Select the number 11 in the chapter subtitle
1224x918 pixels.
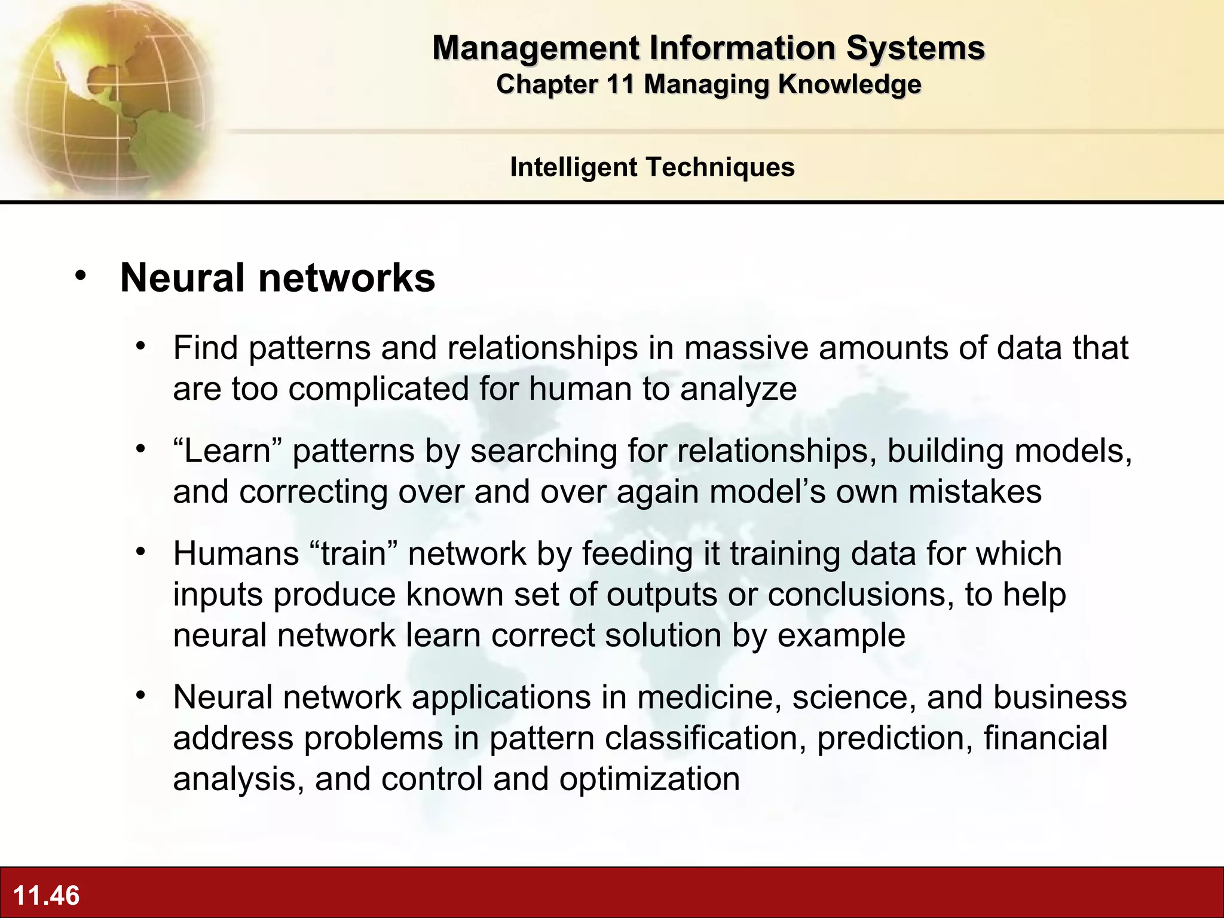click(x=619, y=84)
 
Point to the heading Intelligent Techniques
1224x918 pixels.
click(x=652, y=167)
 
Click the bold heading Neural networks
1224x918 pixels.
click(x=277, y=278)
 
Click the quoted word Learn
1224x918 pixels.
click(x=227, y=451)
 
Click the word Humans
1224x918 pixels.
click(x=235, y=553)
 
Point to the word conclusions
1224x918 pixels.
click(x=861, y=595)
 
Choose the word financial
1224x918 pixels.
click(x=1045, y=738)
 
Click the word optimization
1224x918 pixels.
click(x=649, y=779)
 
